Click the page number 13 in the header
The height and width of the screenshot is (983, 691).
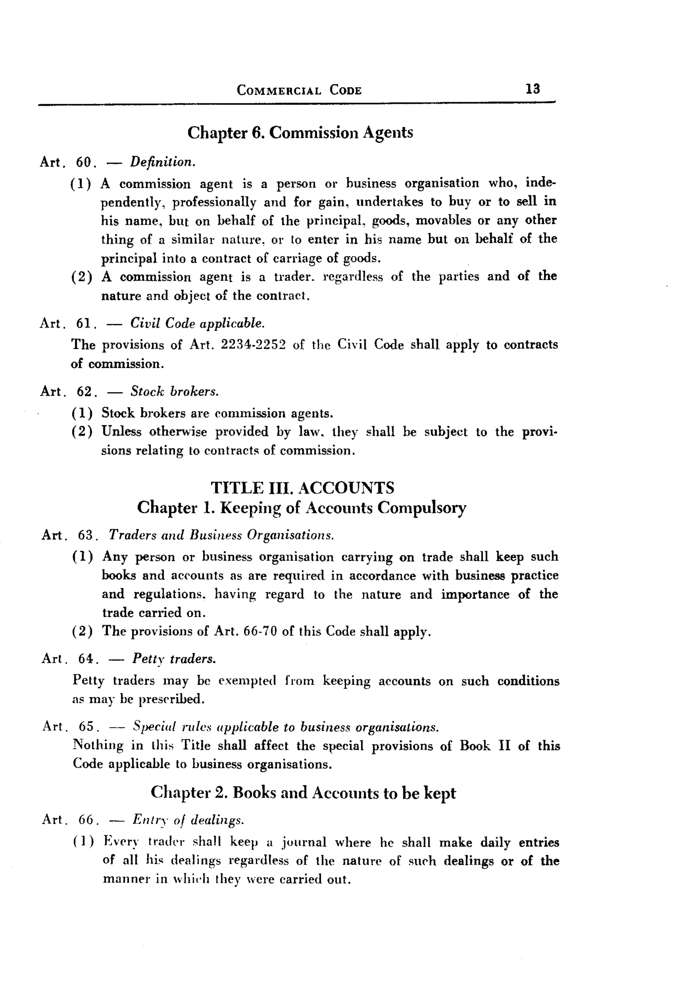(x=532, y=89)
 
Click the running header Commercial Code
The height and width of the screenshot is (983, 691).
(x=299, y=90)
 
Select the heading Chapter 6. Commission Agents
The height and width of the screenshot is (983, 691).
(x=300, y=132)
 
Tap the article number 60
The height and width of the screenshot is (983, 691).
(x=84, y=162)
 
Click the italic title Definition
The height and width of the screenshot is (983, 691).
(x=163, y=162)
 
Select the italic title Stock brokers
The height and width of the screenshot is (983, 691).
(x=174, y=391)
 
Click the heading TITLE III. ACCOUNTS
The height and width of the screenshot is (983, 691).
(x=302, y=488)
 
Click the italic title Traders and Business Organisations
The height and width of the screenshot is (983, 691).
(x=221, y=535)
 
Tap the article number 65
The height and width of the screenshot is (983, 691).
(x=86, y=727)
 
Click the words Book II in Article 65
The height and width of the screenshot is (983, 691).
(x=485, y=746)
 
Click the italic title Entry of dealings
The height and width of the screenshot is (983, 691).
(x=188, y=819)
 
